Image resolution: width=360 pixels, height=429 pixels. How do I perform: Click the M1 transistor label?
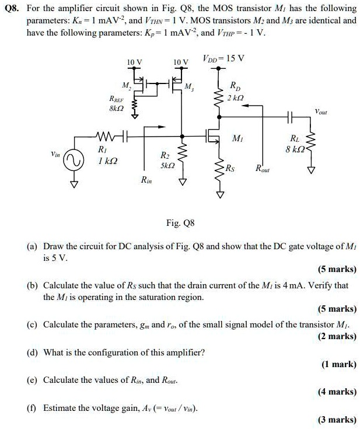237,138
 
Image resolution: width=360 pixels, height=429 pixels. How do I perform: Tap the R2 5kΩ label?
165,160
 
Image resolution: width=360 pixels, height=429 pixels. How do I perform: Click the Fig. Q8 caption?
181,223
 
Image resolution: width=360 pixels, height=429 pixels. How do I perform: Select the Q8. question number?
13,9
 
